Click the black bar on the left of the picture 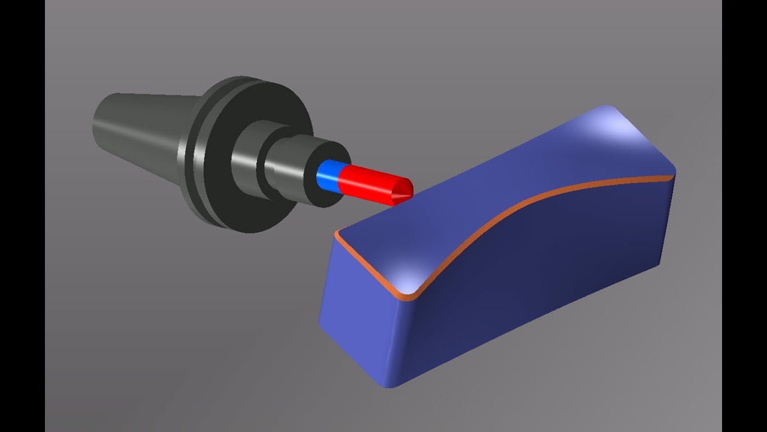(22, 216)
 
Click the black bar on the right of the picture (744, 216)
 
